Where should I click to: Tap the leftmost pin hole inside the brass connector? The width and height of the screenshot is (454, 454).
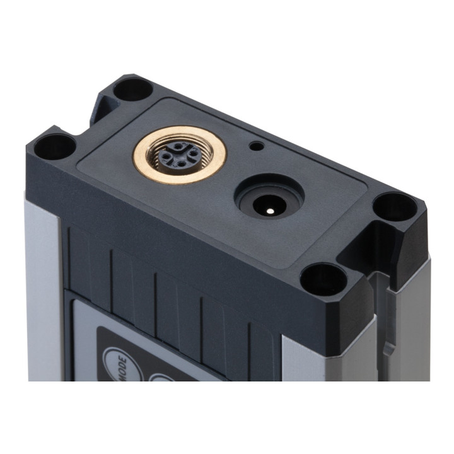(166, 156)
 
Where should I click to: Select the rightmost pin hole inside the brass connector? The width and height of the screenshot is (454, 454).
(192, 153)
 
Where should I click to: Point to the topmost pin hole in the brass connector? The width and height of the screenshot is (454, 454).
(177, 147)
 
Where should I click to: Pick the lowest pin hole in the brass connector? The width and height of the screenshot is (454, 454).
(181, 164)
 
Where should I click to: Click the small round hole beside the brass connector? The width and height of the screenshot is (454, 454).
(257, 146)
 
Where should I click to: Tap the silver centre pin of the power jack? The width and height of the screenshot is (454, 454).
(270, 211)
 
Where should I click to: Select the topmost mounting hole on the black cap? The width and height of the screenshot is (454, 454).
(132, 90)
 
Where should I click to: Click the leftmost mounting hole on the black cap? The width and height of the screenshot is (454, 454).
(55, 147)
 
